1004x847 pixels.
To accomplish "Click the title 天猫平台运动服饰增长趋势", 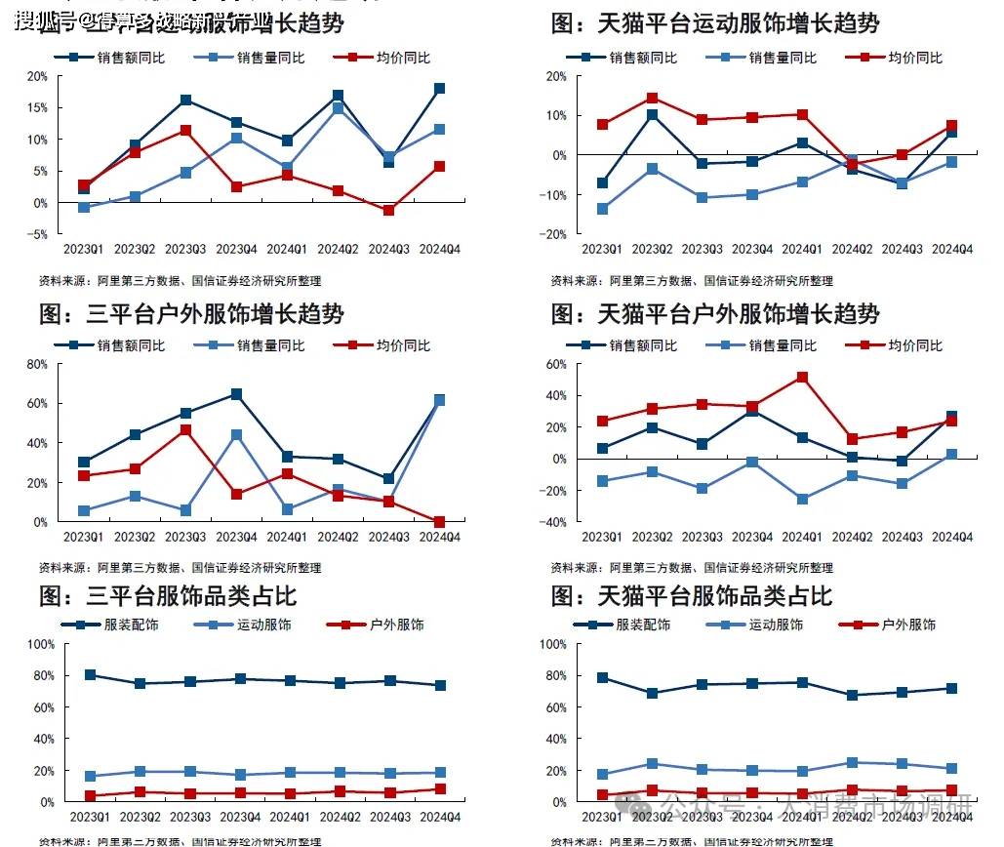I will click(715, 22).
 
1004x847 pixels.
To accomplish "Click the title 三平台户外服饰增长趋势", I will click(191, 314).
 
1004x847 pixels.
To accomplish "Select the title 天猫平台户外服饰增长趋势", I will click(715, 314).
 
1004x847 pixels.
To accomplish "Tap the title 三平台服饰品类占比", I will click(167, 595).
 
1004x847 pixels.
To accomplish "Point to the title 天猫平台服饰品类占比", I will click(692, 595).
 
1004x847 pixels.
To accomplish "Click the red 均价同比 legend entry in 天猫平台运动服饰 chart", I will click(902, 58).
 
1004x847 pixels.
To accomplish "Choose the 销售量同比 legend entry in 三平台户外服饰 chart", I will click(257, 345).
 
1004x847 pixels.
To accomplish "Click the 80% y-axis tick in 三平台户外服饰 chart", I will click(37, 364).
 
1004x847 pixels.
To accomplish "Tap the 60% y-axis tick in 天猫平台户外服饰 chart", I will click(556, 364).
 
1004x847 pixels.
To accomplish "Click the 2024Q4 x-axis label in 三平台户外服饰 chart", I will click(439, 538).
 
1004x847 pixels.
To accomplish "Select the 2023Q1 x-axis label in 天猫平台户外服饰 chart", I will click(602, 538).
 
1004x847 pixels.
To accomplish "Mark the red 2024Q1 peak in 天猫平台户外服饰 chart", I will click(802, 377).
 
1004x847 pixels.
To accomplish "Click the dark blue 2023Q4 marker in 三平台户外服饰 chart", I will click(236, 394).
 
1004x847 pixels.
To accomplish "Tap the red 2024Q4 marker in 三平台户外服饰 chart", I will click(439, 522).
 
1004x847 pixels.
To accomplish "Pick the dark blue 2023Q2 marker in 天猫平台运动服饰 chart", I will click(653, 115).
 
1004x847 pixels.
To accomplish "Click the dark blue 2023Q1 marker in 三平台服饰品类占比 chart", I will click(90, 675).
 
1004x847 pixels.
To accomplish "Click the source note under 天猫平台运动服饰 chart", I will click(691, 281).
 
